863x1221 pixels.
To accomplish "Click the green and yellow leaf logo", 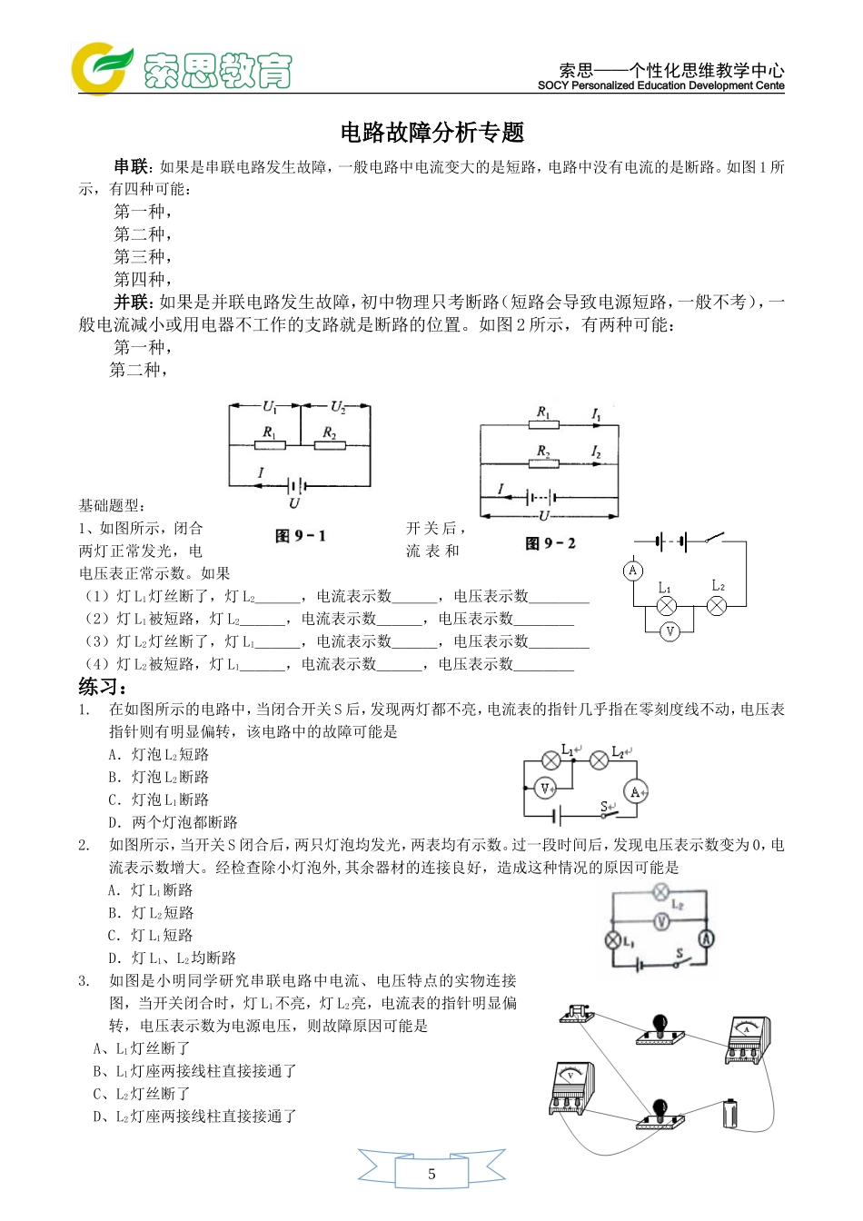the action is (102, 68).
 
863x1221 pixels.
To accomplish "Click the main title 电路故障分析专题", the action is (432, 133).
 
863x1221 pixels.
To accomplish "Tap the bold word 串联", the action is (130, 166).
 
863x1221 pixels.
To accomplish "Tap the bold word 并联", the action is (130, 303).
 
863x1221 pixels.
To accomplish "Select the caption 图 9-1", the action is (300, 536).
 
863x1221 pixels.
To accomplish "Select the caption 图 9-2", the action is (551, 543).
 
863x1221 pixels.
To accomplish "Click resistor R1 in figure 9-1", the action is (271, 444).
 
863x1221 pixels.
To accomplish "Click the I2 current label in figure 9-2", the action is (596, 452).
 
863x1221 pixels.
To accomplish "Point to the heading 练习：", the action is (103, 687).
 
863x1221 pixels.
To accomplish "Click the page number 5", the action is (431, 1174).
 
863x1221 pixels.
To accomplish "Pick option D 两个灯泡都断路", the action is (173, 822).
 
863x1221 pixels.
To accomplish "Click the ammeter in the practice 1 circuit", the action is (636, 792).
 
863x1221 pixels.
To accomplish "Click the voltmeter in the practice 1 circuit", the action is (545, 789).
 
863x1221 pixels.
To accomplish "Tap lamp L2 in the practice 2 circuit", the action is (661, 892).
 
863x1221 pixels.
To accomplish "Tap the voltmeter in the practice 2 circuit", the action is (661, 922).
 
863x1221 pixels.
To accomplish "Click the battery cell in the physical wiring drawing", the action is (731, 1114).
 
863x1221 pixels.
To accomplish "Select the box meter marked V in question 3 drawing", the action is (571, 1087).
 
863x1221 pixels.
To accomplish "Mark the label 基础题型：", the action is (112, 506).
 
